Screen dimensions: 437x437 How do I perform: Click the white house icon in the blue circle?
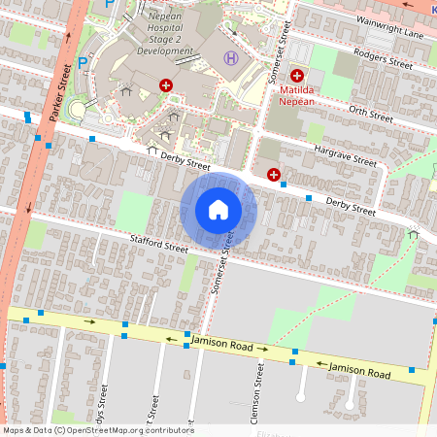[x=218, y=210]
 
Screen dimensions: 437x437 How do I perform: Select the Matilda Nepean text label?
[x=295, y=94]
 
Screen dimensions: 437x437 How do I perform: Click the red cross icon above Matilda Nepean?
[x=296, y=75]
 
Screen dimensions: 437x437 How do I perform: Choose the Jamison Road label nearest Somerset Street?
[x=222, y=341]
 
